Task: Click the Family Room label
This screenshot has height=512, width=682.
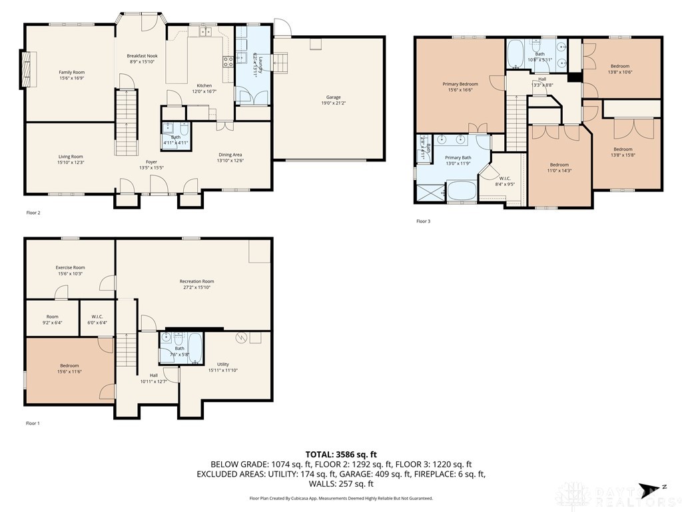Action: (x=71, y=72)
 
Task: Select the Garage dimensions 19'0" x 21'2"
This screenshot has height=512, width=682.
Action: (x=334, y=103)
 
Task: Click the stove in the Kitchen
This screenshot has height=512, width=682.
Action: (x=227, y=62)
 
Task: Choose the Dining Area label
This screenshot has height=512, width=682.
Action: (x=229, y=154)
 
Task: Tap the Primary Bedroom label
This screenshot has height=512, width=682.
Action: (x=460, y=84)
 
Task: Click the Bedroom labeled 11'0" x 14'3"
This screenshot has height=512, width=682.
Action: (x=559, y=165)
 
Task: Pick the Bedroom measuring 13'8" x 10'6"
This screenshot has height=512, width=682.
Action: (x=619, y=66)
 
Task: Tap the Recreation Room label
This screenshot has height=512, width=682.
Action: (x=196, y=281)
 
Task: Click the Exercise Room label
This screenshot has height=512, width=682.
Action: (x=70, y=267)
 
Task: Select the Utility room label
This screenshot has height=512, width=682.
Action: (x=222, y=364)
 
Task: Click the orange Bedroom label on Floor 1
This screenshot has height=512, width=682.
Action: (x=69, y=365)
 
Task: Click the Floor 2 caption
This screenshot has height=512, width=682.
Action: (x=33, y=213)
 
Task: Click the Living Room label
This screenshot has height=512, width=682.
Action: (x=71, y=157)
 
